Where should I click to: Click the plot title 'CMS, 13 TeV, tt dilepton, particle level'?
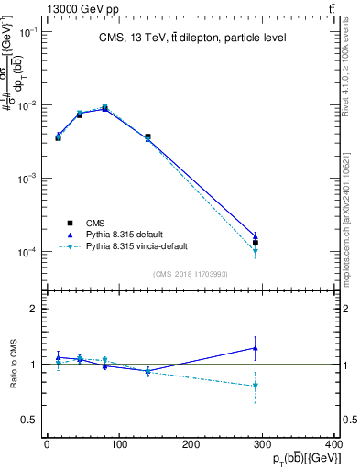pos(192,38)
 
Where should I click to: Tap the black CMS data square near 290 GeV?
pos(256,243)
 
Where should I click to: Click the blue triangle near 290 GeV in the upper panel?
pos(256,236)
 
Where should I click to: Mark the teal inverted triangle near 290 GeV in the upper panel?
pos(256,251)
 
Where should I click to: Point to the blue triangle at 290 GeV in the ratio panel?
pos(256,348)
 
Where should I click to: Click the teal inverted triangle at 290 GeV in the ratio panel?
pos(256,386)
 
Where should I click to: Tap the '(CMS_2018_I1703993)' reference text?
pos(191,273)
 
